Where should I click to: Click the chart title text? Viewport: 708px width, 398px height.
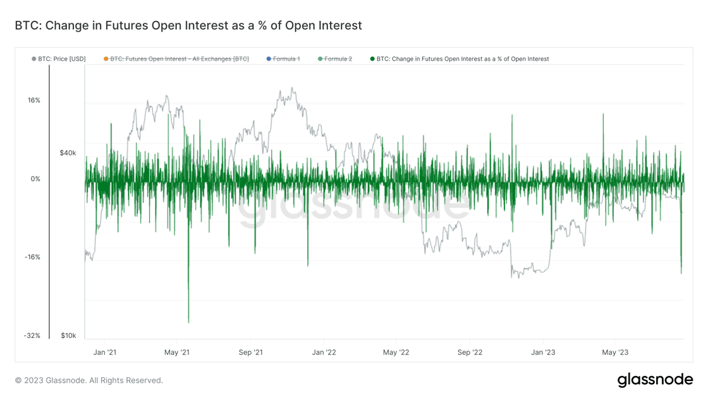pyautogui.click(x=188, y=26)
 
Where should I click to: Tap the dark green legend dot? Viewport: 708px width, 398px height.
pyautogui.click(x=373, y=59)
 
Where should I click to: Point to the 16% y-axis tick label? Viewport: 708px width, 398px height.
pyautogui.click(x=33, y=100)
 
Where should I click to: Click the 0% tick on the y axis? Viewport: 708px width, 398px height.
pyautogui.click(x=35, y=179)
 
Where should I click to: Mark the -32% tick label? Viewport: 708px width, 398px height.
pyautogui.click(x=32, y=335)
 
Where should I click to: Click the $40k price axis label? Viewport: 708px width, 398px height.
pyautogui.click(x=68, y=153)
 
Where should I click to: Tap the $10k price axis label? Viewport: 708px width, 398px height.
pyautogui.click(x=68, y=335)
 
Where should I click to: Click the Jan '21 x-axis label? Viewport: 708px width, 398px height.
pyautogui.click(x=104, y=352)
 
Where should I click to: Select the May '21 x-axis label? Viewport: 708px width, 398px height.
pyautogui.click(x=177, y=352)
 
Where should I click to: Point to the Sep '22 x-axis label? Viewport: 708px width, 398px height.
pyautogui.click(x=469, y=352)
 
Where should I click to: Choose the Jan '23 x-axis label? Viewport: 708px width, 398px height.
pyautogui.click(x=542, y=352)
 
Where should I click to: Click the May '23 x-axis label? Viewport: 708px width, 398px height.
pyautogui.click(x=615, y=352)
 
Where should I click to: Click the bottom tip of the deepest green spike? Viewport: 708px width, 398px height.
pyautogui.click(x=188, y=323)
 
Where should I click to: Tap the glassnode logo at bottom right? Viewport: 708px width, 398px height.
pyautogui.click(x=654, y=380)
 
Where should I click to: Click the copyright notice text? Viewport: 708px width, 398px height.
pyautogui.click(x=89, y=380)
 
